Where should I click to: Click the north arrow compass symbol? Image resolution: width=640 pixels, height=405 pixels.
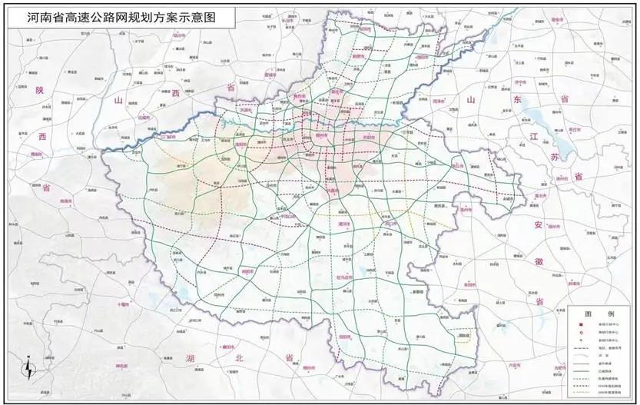point(28,369)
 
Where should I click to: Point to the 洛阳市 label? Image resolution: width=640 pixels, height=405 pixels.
point(242,144)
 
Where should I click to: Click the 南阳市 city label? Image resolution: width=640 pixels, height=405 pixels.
point(247,271)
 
